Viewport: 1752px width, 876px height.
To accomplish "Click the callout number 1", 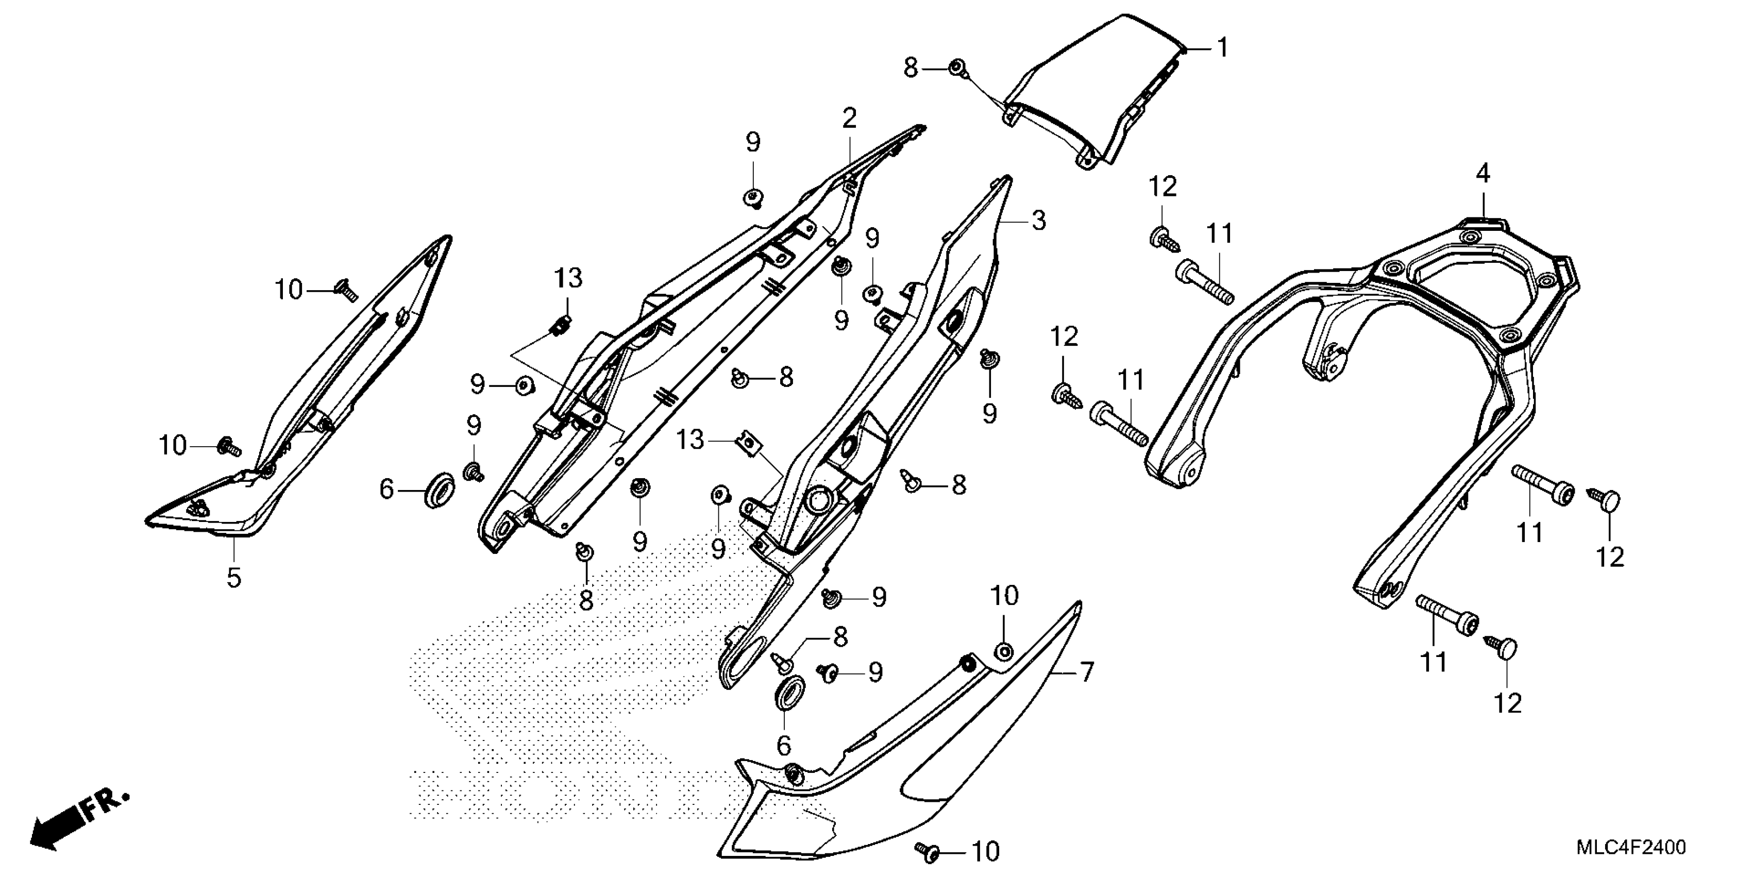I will (1222, 48).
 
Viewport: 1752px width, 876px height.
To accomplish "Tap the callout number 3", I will (1038, 221).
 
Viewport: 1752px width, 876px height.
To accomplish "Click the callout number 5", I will (233, 578).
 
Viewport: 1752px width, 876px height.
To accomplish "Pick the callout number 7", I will (1086, 672).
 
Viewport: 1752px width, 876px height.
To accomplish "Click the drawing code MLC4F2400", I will (1631, 848).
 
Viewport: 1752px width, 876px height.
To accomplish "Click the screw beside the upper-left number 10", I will (345, 291).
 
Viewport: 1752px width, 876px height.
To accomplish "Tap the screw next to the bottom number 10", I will (926, 850).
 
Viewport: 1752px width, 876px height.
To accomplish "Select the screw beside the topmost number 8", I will (957, 68).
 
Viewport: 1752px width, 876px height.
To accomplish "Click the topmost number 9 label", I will (752, 143).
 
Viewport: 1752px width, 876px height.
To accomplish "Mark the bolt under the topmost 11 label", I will (1204, 285).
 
